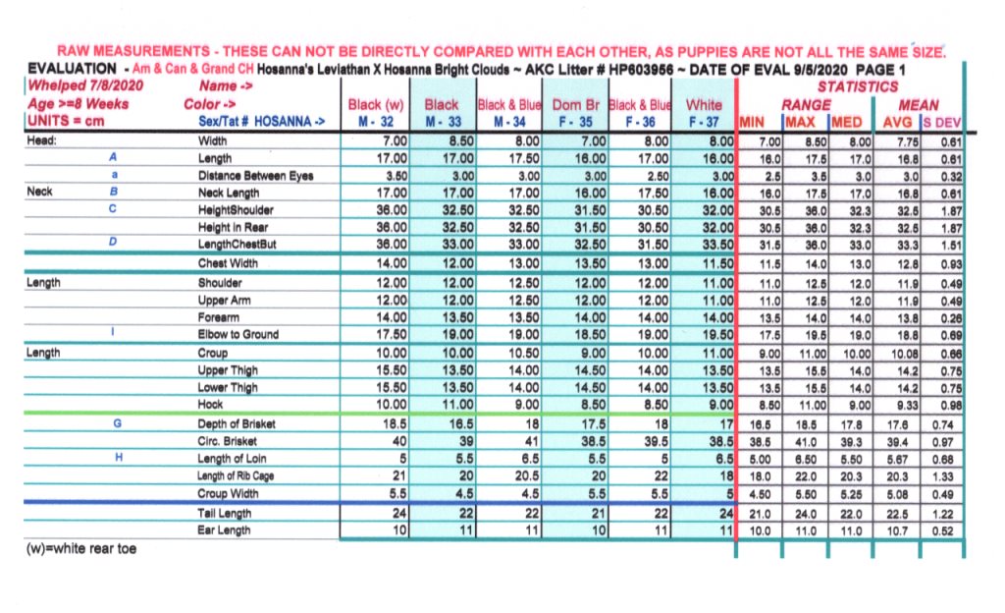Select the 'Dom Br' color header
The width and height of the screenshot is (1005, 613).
pos(574,104)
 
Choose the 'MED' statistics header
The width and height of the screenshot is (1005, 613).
pos(846,123)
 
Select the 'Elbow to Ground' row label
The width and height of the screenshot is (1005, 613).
pos(238,334)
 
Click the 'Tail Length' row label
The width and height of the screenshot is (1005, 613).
pos(225,513)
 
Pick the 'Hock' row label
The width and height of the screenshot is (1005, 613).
pos(211,405)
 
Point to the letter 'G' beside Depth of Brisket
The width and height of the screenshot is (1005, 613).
pos(118,423)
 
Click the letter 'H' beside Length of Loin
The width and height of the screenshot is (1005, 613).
pos(118,459)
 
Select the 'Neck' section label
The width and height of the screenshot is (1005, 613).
pos(41,193)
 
